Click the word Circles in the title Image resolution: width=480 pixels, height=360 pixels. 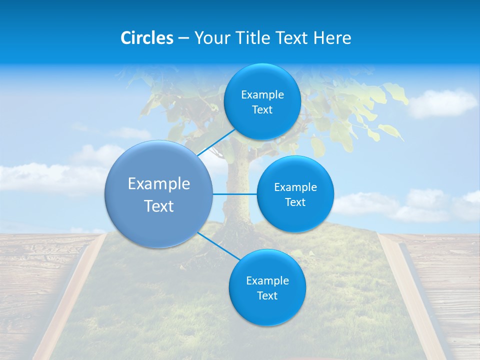[x=146, y=38]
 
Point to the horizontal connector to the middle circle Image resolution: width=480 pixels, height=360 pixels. [x=234, y=194]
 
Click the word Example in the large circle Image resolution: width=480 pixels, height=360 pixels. [x=159, y=184]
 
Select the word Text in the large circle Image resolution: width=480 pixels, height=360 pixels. [x=159, y=206]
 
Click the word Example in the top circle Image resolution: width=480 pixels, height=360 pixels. [x=262, y=95]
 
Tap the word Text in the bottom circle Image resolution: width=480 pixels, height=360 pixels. [x=267, y=295]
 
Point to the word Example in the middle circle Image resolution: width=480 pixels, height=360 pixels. [x=295, y=187]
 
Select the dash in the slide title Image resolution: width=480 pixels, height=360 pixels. [x=183, y=38]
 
